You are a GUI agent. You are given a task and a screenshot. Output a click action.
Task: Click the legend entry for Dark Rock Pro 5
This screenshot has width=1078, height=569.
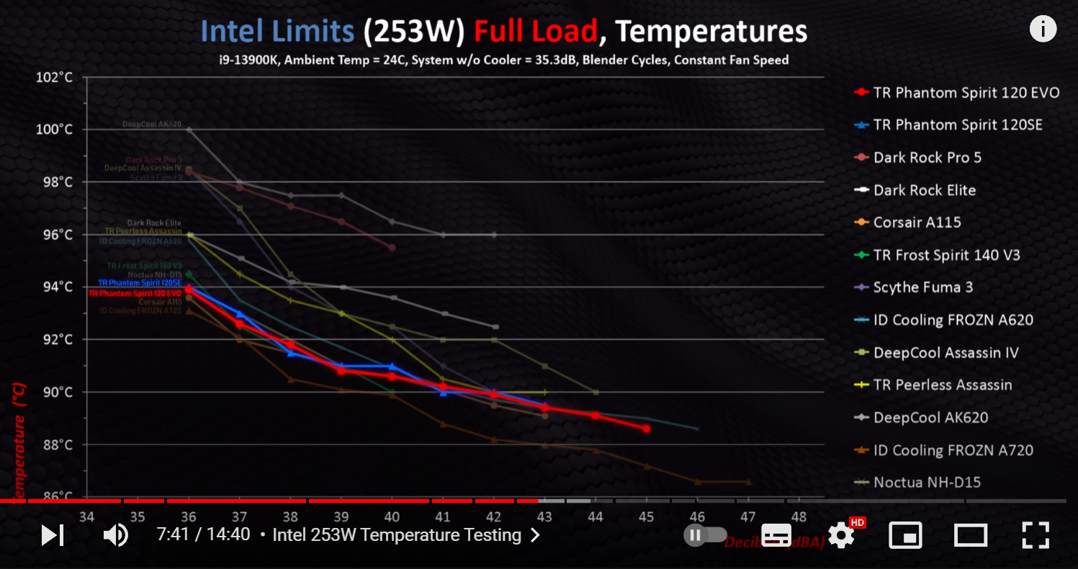(x=927, y=157)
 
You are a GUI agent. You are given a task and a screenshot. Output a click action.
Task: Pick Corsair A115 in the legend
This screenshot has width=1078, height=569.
(x=917, y=222)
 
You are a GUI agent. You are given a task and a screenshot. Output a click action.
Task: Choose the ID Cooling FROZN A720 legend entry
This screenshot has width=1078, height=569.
(x=953, y=450)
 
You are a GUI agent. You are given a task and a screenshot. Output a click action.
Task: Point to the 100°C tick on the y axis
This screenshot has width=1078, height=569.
(x=54, y=130)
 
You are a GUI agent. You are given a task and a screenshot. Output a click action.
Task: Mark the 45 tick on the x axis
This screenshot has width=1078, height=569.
(x=646, y=516)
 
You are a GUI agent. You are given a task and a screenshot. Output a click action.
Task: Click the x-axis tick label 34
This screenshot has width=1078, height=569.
(x=86, y=516)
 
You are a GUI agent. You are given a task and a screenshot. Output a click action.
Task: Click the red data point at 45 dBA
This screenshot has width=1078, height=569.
(x=647, y=429)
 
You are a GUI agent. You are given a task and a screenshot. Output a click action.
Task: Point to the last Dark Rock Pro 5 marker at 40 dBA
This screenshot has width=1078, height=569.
(x=392, y=248)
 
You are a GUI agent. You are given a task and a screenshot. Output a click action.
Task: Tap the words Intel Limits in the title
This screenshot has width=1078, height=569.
(x=277, y=31)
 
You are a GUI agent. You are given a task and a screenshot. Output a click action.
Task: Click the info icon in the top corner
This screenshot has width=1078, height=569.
(x=1043, y=29)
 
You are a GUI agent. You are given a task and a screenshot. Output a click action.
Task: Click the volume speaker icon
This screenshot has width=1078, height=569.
(x=115, y=535)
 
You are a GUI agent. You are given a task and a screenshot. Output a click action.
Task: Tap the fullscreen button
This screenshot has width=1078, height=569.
(x=1036, y=535)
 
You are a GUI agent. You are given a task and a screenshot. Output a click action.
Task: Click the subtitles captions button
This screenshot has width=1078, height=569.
(x=776, y=535)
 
